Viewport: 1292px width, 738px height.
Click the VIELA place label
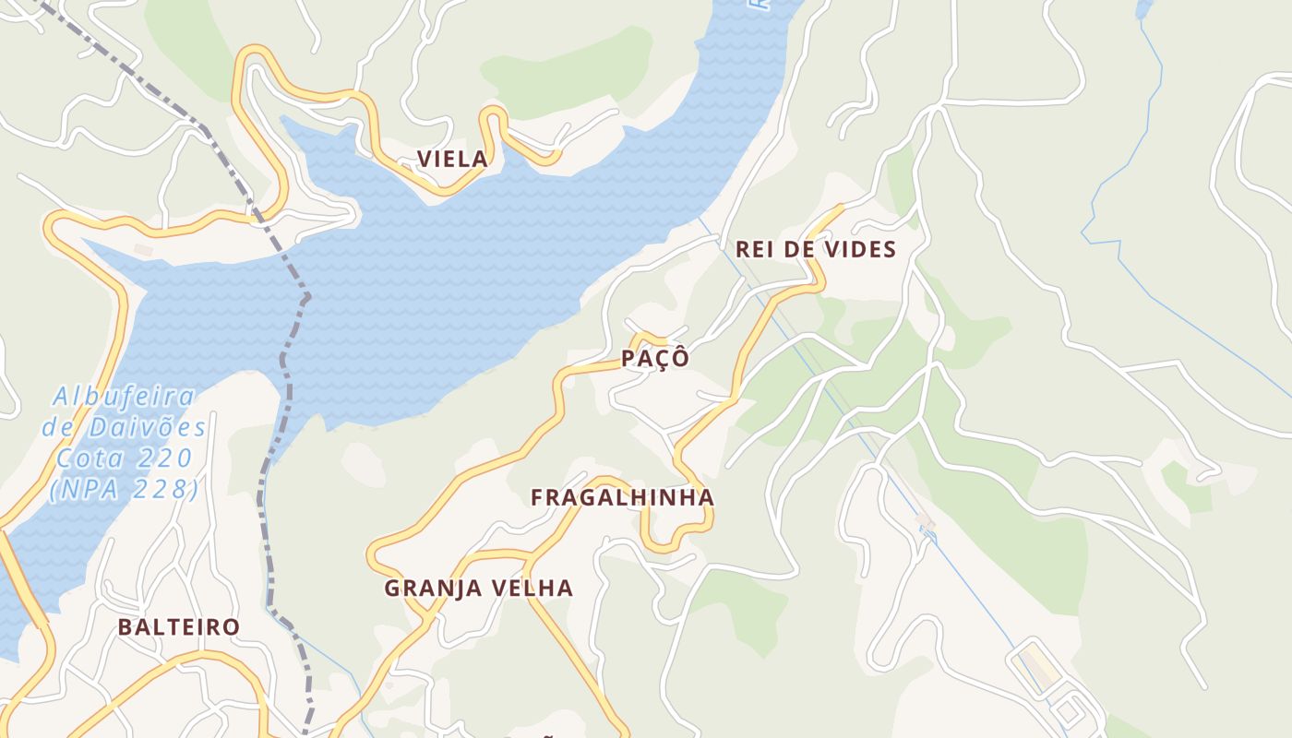(451, 159)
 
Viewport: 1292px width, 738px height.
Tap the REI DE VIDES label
(815, 249)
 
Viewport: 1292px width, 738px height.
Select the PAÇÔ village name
(655, 359)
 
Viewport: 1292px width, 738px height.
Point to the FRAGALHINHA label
(622, 497)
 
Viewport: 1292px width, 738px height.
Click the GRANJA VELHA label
(478, 588)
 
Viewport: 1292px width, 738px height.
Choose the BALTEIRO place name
(178, 627)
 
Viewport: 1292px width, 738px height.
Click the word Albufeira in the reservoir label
(124, 397)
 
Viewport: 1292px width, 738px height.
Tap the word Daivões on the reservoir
(148, 427)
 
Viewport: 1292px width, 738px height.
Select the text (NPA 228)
(124, 489)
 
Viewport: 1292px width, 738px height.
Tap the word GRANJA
(431, 588)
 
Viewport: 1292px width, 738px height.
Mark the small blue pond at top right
(1144, 9)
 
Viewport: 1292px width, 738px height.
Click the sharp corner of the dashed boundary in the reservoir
(306, 297)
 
